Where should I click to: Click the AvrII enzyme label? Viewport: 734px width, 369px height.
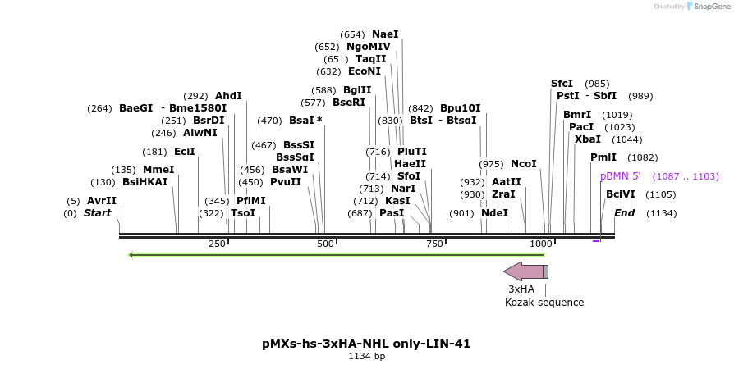tap(102, 201)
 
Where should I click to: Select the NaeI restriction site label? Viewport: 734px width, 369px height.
tap(385, 34)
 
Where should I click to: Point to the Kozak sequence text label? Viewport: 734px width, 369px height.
tap(544, 303)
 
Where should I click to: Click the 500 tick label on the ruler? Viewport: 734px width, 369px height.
tap(325, 244)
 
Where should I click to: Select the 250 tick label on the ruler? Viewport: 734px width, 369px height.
tap(217, 244)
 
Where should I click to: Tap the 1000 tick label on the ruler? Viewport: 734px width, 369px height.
tap(540, 244)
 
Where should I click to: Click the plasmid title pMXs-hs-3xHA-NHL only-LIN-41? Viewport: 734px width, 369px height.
tap(366, 344)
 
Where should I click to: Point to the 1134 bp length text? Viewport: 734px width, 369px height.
tap(366, 357)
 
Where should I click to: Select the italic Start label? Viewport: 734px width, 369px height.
tap(97, 213)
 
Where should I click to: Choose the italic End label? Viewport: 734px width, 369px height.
tap(624, 213)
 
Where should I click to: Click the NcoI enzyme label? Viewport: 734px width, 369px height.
tap(523, 164)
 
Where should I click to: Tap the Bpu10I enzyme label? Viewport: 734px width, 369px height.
tap(461, 108)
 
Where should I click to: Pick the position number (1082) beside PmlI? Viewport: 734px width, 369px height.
tap(642, 157)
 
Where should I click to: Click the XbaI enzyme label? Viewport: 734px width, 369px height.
tap(587, 139)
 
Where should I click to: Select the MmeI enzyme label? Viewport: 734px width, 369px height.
tap(158, 170)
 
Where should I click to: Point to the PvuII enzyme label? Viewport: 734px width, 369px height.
tap(285, 182)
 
